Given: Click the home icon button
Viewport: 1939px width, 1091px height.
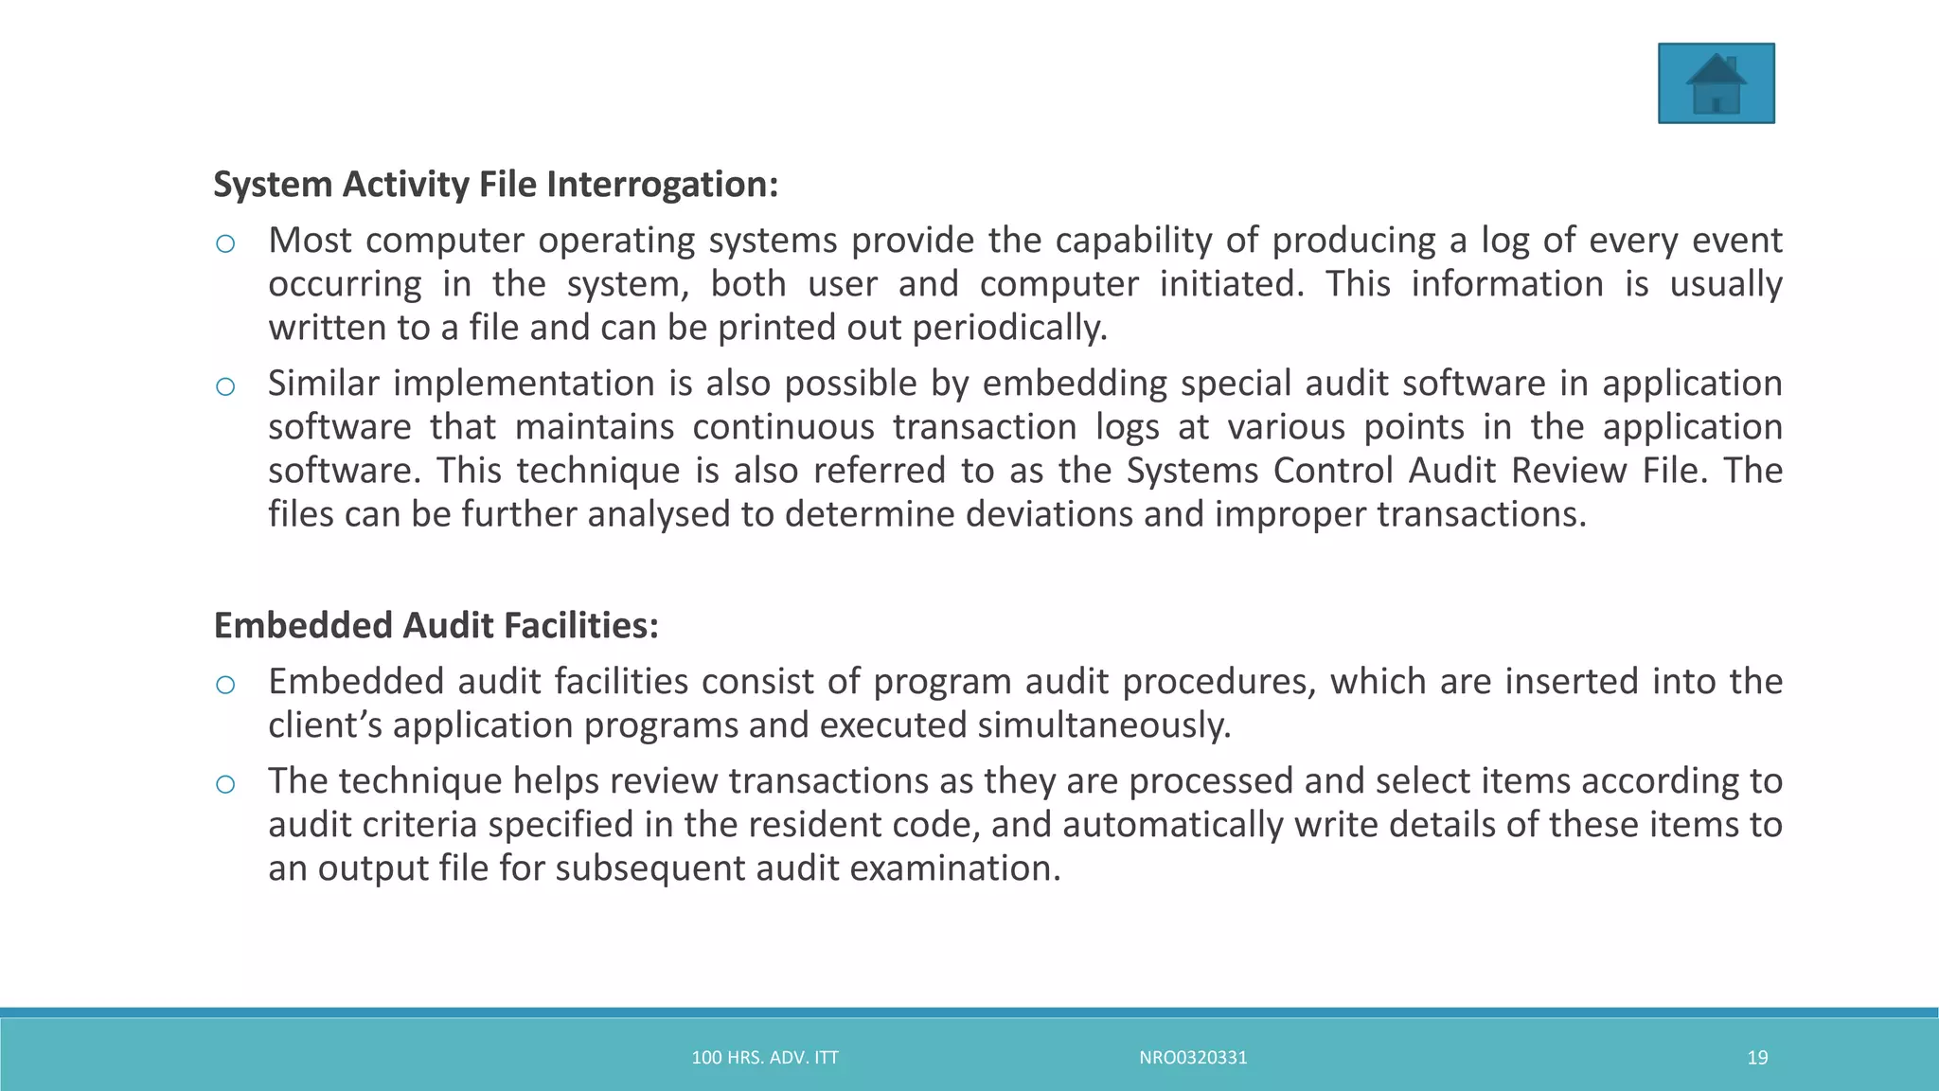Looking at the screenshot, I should click(1716, 83).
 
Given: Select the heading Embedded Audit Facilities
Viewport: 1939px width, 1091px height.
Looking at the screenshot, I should click(436, 625).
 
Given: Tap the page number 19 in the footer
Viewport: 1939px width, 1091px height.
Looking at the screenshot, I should click(1757, 1058).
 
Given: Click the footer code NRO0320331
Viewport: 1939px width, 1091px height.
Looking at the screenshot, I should click(1193, 1058).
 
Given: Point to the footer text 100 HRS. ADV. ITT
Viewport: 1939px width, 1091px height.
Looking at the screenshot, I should click(765, 1058).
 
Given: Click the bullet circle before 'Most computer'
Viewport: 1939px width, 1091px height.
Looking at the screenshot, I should click(225, 244).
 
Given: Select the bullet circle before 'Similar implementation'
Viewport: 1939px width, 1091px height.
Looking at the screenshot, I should click(225, 386).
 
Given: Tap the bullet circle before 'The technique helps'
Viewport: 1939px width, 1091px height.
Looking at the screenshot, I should click(225, 784).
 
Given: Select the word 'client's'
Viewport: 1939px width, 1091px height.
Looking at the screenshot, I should click(325, 725).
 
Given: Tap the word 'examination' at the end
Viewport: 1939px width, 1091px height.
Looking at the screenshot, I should click(939, 868).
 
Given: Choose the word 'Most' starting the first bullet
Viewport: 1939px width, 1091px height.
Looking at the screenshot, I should click(310, 241).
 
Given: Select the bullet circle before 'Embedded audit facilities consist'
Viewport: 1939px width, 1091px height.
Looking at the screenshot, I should click(225, 685).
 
